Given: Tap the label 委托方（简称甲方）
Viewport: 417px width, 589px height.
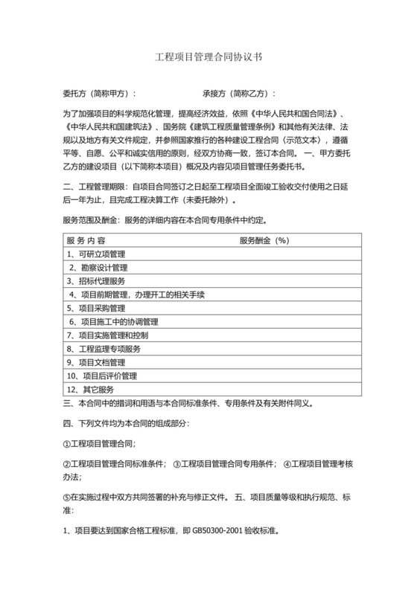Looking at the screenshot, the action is pos(100,94).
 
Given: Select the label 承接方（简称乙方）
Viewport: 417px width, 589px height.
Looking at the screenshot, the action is pos(239,94).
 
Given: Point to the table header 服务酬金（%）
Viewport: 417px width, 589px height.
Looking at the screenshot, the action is pos(264,220).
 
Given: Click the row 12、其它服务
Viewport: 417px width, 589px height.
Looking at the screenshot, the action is pos(91,389).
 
